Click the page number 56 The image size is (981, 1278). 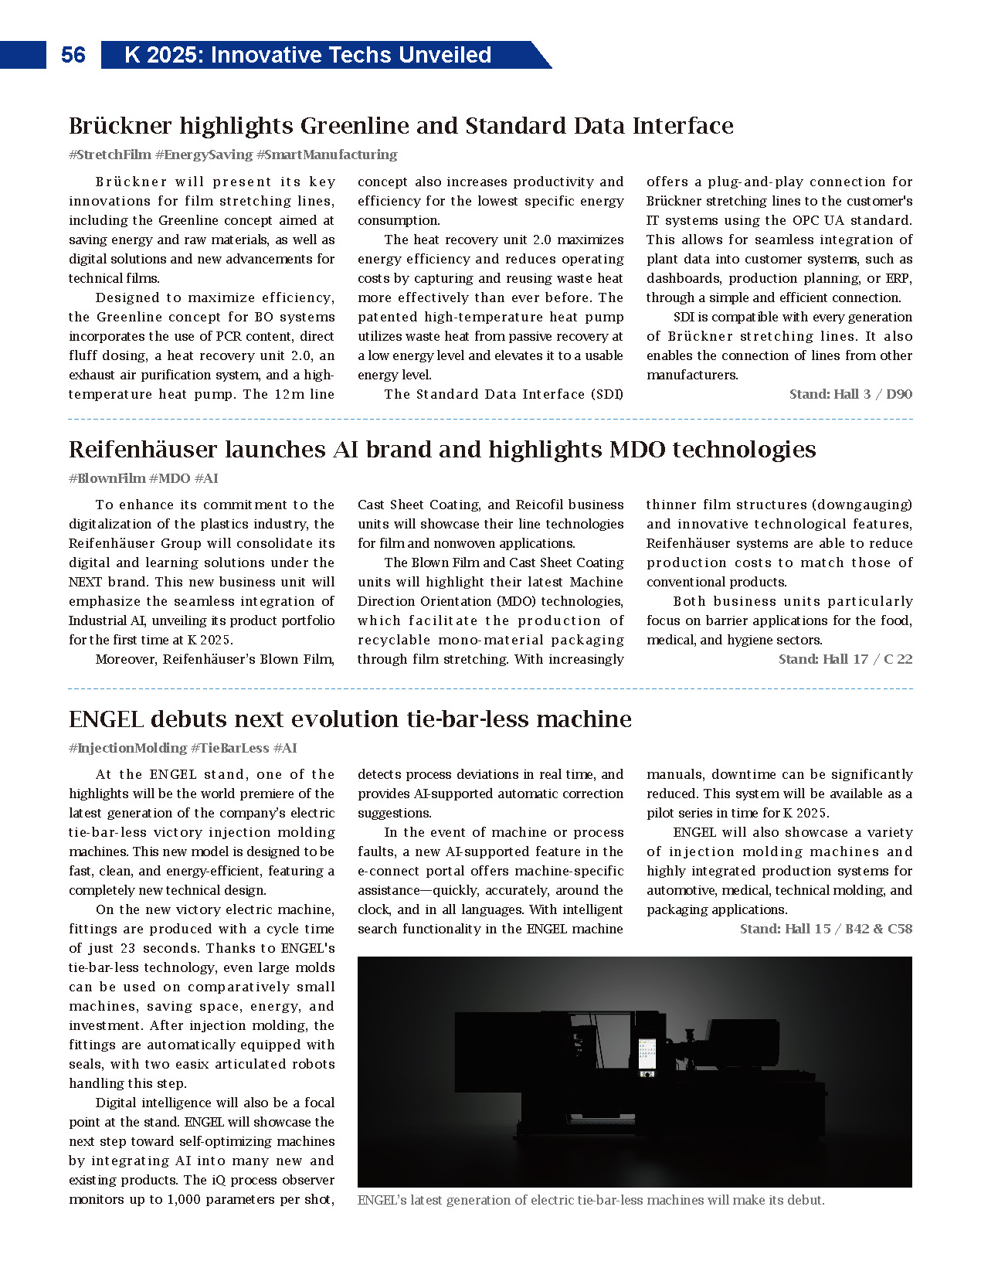[x=73, y=55]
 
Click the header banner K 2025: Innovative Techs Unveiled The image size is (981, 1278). [x=307, y=55]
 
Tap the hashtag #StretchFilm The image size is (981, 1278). [x=110, y=155]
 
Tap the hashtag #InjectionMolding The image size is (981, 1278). [x=127, y=748]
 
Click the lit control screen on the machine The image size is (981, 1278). [x=647, y=1055]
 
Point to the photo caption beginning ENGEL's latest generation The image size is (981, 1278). [x=591, y=1200]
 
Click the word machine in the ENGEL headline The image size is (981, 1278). [x=584, y=719]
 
